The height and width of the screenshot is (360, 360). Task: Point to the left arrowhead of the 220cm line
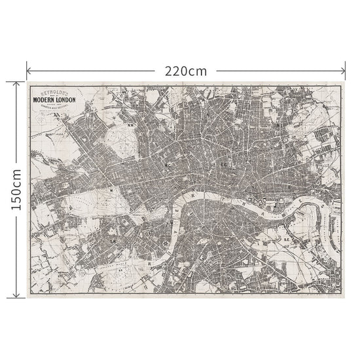tap(28, 70)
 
